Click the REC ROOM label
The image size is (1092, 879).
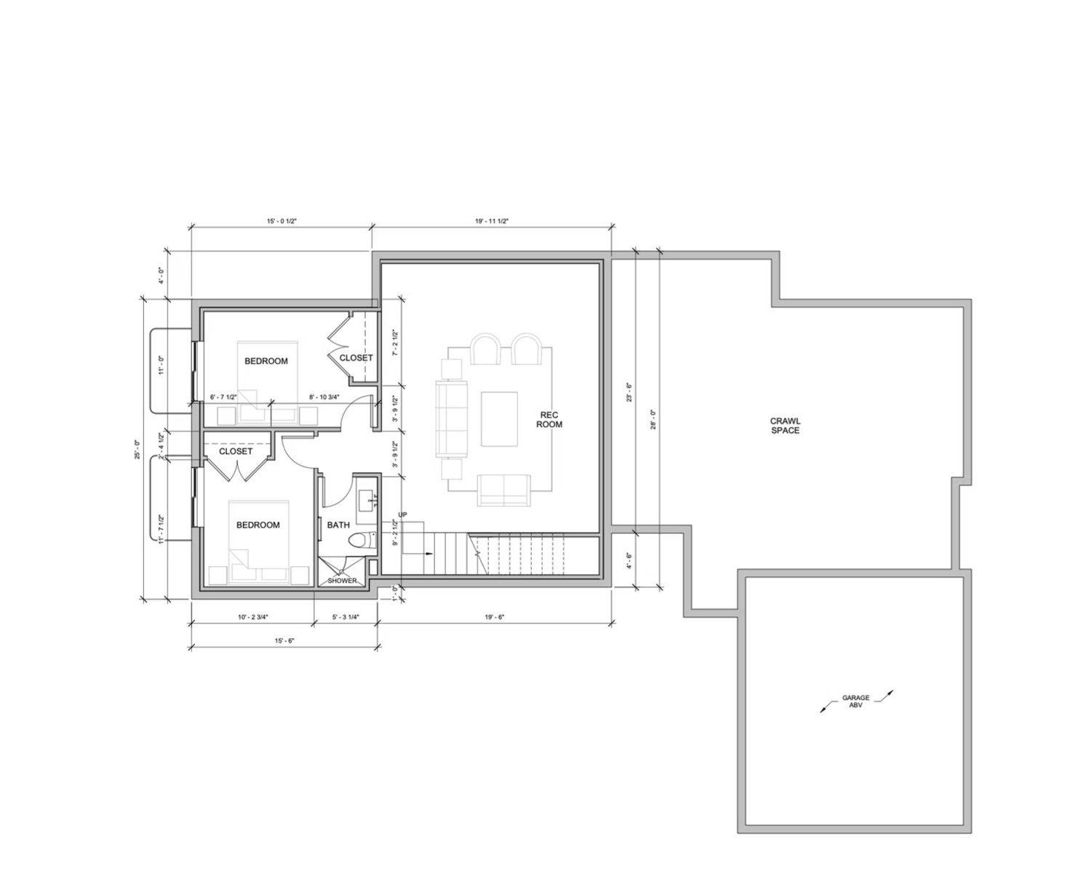point(549,419)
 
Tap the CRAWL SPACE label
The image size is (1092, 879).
point(785,426)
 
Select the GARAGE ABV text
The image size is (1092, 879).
point(856,701)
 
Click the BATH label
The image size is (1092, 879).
point(338,525)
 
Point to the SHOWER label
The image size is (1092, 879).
point(342,581)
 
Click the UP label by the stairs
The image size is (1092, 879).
point(403,515)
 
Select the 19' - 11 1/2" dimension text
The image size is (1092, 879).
point(491,221)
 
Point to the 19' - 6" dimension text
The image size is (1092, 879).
point(494,617)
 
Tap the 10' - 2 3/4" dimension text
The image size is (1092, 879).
point(252,617)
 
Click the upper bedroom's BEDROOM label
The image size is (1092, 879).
point(266,361)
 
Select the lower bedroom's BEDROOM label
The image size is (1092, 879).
point(258,525)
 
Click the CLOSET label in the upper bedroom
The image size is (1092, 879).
point(356,358)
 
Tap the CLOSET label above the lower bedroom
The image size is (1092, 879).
point(236,451)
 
